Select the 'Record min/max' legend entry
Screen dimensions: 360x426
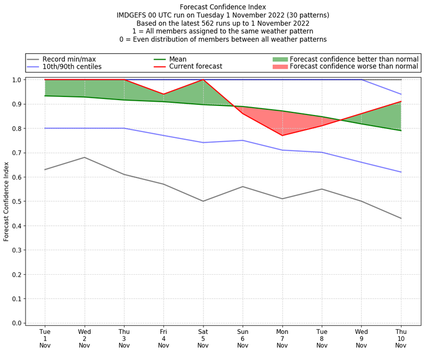(x=69, y=59)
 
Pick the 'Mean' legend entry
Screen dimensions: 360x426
(x=178, y=59)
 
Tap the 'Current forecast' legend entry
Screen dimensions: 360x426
(x=195, y=67)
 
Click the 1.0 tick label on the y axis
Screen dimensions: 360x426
(x=16, y=80)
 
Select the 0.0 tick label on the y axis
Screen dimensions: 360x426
(x=16, y=323)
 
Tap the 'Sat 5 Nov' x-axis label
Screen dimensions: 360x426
(x=203, y=338)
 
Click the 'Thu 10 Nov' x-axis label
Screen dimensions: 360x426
(x=401, y=338)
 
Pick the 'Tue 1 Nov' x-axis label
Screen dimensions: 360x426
(x=45, y=338)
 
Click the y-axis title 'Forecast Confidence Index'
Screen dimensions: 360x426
(x=6, y=201)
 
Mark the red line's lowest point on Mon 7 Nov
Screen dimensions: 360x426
(x=282, y=135)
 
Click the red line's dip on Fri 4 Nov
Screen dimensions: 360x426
(x=163, y=94)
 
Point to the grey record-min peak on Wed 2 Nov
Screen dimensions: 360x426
(x=84, y=157)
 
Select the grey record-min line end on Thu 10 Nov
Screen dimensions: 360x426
(x=401, y=218)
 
